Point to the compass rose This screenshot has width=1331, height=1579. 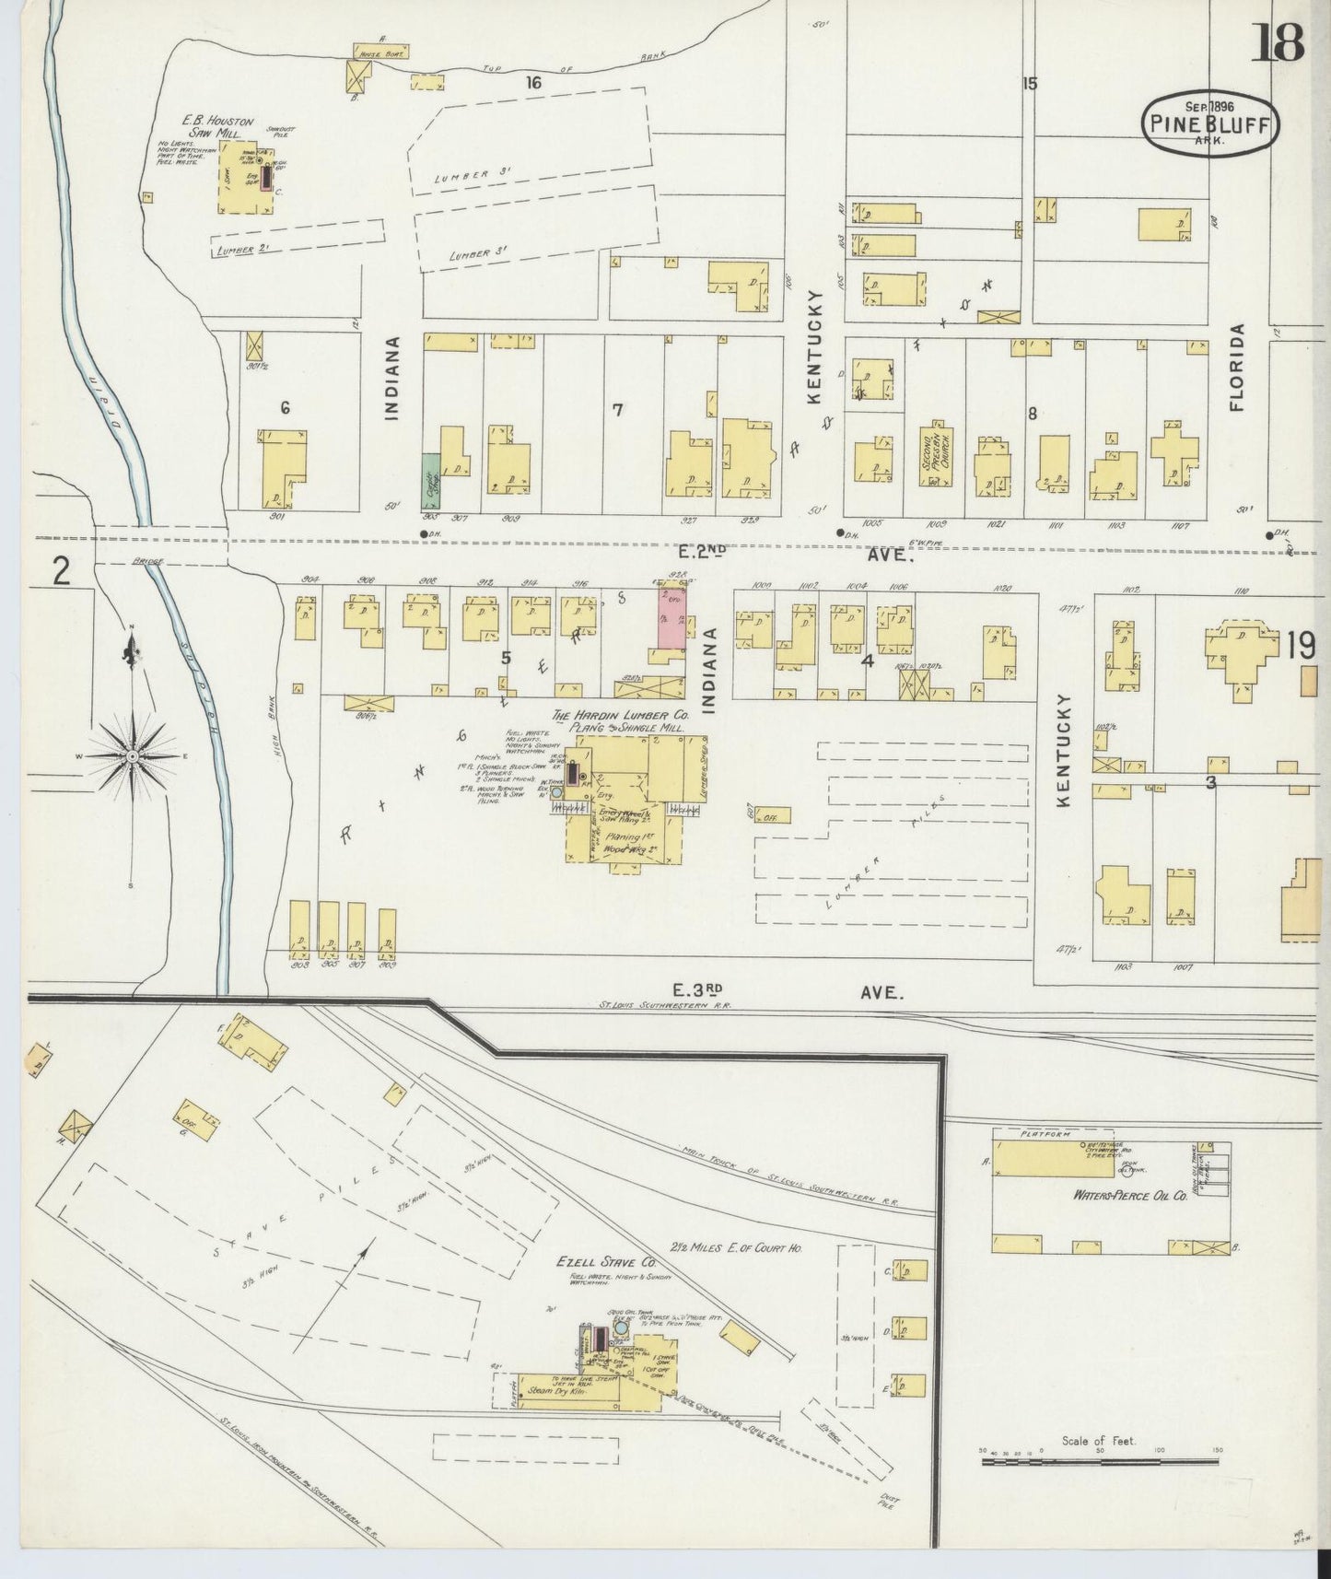click(x=134, y=756)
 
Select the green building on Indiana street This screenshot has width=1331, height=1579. click(x=430, y=480)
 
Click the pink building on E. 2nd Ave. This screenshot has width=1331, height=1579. click(x=671, y=617)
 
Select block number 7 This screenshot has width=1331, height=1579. click(x=618, y=410)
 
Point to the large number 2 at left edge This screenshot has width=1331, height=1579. click(x=60, y=572)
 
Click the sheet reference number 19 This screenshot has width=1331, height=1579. click(x=1301, y=646)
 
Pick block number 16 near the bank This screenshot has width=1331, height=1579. click(x=532, y=83)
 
